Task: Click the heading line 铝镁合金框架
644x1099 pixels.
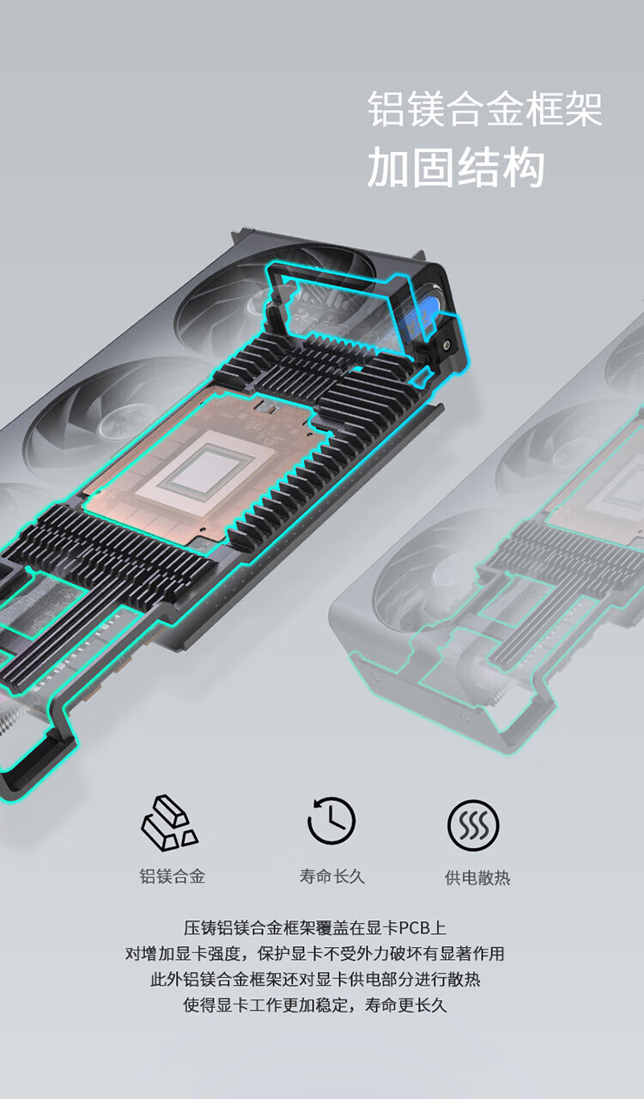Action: pyautogui.click(x=485, y=109)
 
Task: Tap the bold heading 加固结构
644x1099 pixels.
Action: pyautogui.click(x=456, y=167)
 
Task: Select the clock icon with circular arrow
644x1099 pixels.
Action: pyautogui.click(x=331, y=820)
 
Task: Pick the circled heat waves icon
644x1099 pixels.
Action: pyautogui.click(x=473, y=825)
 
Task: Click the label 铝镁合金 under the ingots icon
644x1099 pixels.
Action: pyautogui.click(x=173, y=876)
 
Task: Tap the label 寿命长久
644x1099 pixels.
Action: pyautogui.click(x=332, y=876)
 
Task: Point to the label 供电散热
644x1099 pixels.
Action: pyautogui.click(x=477, y=877)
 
